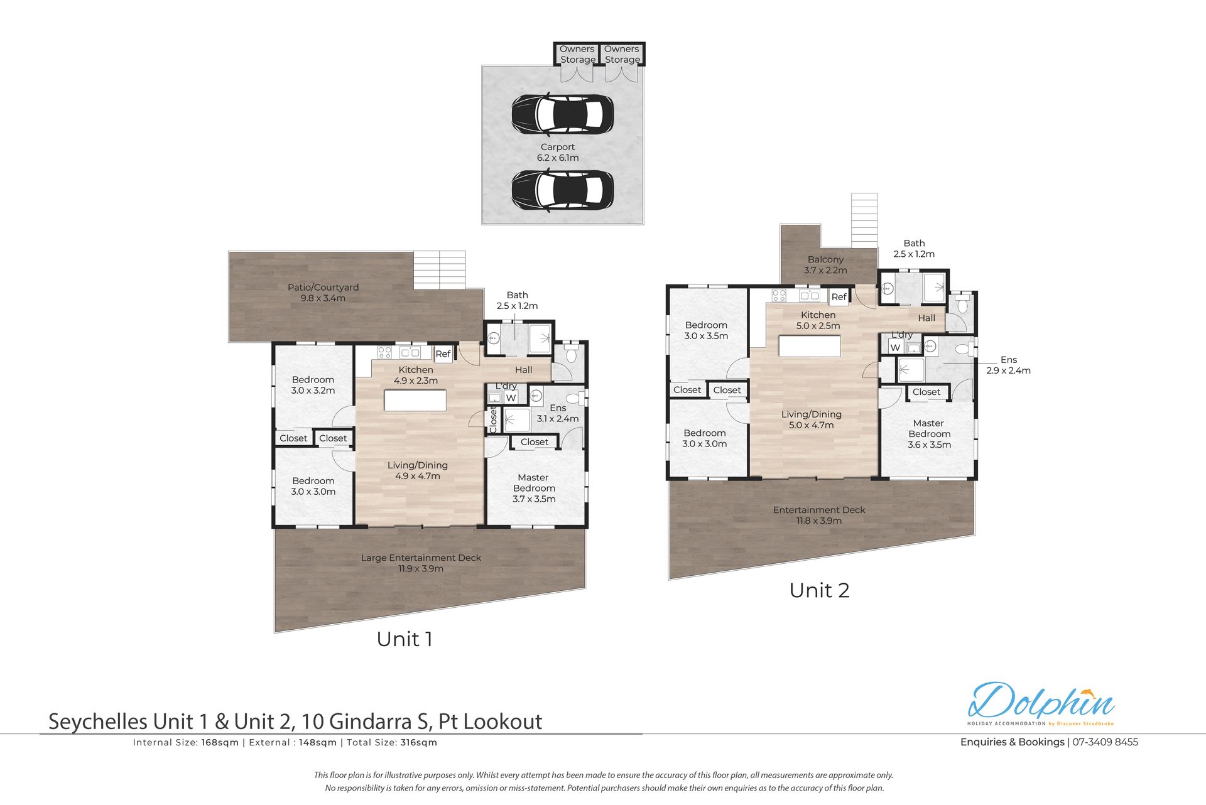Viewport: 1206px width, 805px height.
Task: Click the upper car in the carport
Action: point(562,114)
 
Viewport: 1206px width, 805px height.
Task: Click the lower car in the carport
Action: point(562,190)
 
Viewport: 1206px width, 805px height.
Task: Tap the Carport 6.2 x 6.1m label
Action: point(558,153)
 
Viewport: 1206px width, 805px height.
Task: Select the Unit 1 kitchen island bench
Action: point(416,401)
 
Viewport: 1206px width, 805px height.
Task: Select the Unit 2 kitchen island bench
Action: point(810,347)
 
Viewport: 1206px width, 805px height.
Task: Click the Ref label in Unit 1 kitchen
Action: point(443,354)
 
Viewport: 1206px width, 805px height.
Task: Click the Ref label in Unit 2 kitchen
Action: point(839,297)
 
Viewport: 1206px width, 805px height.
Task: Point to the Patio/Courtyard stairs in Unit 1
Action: point(439,270)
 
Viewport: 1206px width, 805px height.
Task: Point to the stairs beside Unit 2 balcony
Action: point(864,220)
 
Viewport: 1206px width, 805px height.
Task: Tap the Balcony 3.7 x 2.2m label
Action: point(825,265)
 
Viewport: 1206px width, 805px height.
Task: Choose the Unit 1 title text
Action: point(405,639)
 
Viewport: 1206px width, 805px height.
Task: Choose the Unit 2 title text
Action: point(819,590)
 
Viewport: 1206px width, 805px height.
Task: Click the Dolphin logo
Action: point(1041,703)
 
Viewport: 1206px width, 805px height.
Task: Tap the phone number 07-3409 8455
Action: point(1105,742)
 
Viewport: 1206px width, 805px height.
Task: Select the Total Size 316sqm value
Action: point(418,743)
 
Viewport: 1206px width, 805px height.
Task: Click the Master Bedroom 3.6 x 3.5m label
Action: point(929,434)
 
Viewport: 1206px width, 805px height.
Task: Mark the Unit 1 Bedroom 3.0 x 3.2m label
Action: point(313,385)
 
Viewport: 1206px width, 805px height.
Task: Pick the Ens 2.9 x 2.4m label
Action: point(1008,365)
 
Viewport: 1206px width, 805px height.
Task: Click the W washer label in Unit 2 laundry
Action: point(895,347)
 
